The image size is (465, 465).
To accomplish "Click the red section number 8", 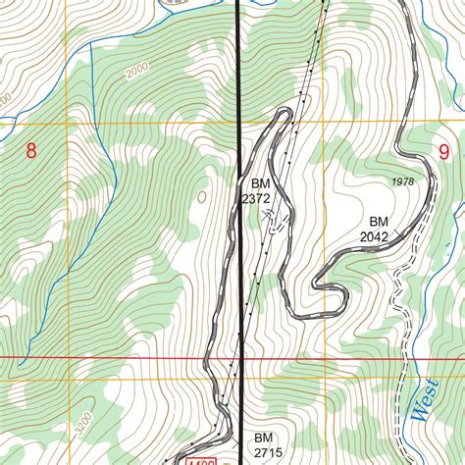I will [x=31, y=151].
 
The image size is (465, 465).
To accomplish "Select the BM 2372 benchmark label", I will [x=256, y=190].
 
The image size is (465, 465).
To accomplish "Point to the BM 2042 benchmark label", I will [x=375, y=229].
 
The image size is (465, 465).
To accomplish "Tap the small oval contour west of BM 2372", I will [x=202, y=197].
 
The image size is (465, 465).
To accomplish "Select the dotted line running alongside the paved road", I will [x=303, y=98].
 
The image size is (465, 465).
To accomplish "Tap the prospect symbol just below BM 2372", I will [x=273, y=223].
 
